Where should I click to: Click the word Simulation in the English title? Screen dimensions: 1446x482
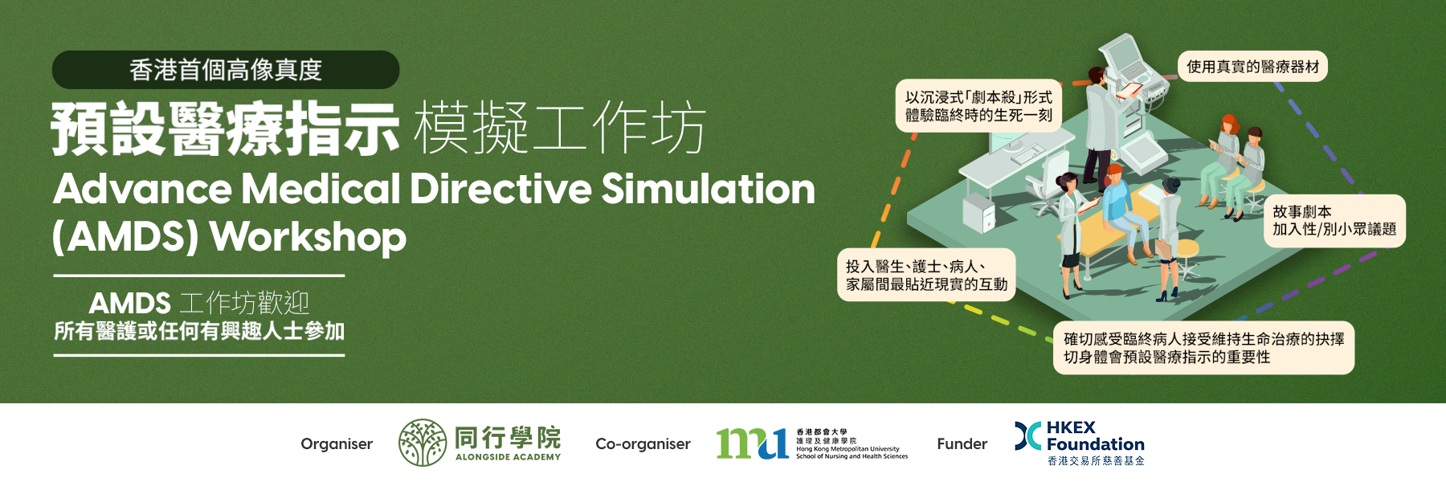tap(708, 189)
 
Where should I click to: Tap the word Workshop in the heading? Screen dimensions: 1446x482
tap(308, 238)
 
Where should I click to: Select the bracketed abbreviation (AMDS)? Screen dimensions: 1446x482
tap(126, 238)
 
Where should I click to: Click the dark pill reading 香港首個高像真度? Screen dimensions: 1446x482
tap(226, 70)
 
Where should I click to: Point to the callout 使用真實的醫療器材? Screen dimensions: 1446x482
tap(1252, 67)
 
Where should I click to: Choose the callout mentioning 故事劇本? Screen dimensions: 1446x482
tap(1334, 221)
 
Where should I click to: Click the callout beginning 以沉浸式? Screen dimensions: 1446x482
tap(978, 106)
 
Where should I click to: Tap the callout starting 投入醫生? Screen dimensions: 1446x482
tap(926, 276)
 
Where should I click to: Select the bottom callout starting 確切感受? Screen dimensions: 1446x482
tap(1203, 348)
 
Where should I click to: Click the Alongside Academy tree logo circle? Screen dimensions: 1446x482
tap(423, 443)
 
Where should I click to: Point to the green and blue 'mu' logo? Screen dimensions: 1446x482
tap(752, 443)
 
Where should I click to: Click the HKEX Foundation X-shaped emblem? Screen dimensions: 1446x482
tap(1027, 436)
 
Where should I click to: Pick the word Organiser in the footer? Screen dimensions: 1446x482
tap(337, 443)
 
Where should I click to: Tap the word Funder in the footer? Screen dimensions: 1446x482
tap(962, 443)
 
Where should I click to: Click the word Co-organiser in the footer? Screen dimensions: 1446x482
tap(643, 444)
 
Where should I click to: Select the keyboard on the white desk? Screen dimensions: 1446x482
tap(1027, 156)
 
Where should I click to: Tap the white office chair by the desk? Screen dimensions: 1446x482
tap(1048, 181)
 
